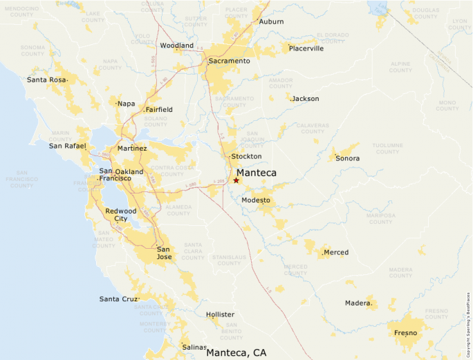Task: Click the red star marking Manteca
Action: (x=236, y=180)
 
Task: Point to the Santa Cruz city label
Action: (x=119, y=299)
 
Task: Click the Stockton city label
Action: (x=246, y=156)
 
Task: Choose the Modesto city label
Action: (x=256, y=200)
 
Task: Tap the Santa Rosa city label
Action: (x=47, y=79)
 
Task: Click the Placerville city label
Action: (x=306, y=48)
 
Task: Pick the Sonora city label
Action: (x=348, y=158)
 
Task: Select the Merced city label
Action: (x=336, y=252)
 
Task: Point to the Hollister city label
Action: (x=220, y=314)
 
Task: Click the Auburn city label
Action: (x=271, y=21)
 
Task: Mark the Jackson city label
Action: (x=305, y=99)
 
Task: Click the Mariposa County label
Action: (x=382, y=218)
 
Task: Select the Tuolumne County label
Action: (x=388, y=149)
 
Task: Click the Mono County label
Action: (x=447, y=105)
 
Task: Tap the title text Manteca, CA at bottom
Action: (x=236, y=352)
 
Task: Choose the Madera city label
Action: (x=358, y=303)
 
